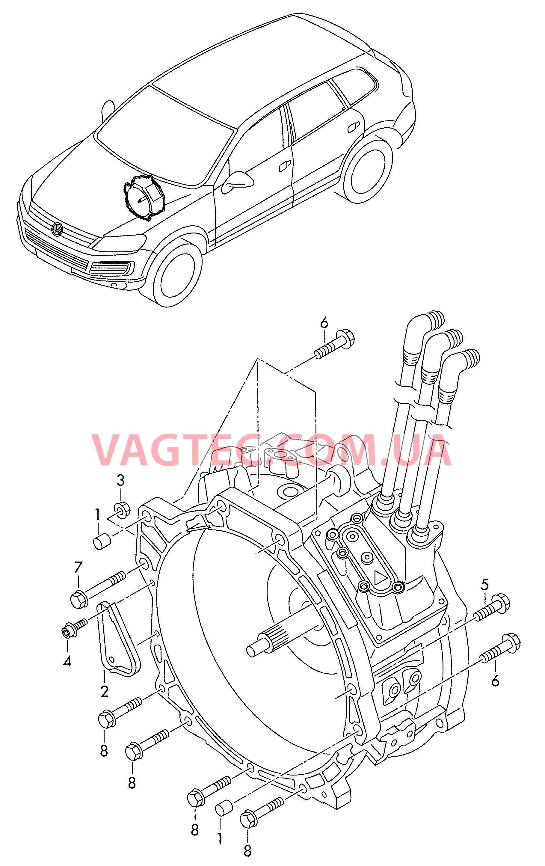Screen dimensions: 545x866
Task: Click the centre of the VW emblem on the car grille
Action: (57, 229)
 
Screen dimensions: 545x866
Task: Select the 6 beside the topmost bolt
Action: (324, 323)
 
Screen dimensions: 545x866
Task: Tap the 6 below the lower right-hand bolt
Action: (495, 681)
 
